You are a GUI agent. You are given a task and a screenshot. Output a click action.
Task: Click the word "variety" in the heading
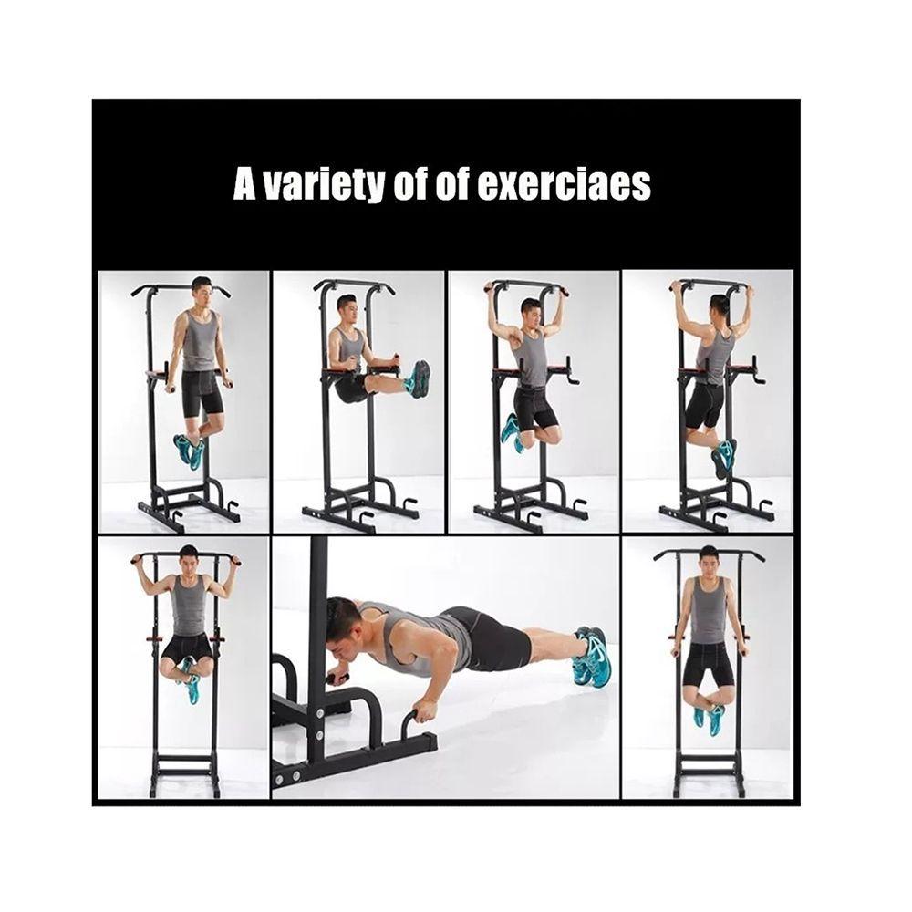click(324, 184)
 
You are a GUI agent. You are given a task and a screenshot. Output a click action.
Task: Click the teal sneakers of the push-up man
click(592, 658)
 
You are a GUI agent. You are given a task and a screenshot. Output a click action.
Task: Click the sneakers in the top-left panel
click(190, 450)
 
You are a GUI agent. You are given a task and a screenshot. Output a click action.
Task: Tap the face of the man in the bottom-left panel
click(188, 562)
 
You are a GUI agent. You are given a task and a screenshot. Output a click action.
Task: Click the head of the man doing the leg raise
click(346, 311)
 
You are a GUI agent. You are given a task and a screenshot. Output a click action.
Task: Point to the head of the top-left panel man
click(202, 293)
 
